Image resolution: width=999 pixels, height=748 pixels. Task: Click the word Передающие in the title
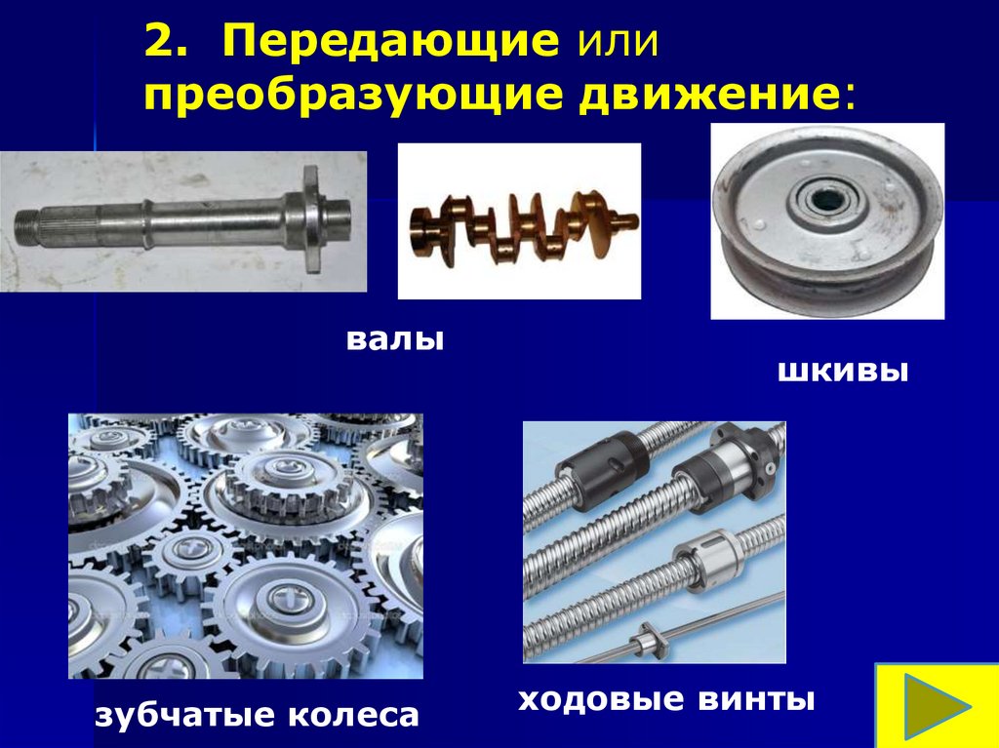390,41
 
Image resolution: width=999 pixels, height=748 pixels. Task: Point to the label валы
394,339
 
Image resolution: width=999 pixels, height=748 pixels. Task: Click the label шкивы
842,371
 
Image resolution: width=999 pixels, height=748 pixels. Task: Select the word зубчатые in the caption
185,714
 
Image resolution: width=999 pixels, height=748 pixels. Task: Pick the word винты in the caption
756,699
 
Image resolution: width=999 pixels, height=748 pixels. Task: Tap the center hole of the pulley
826,199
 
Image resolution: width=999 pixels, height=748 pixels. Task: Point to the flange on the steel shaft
311,219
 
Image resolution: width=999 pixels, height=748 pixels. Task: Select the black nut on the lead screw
603,470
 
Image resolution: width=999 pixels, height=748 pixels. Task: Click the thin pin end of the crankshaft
627,221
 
